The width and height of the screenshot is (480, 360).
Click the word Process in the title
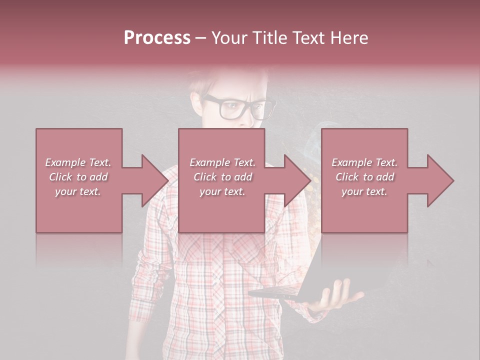coord(157,37)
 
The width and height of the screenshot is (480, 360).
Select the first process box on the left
coord(79,210)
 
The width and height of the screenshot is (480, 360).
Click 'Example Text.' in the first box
coord(78,162)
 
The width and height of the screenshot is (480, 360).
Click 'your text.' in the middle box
coord(222,191)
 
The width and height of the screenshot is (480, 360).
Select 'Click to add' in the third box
coord(364,177)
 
